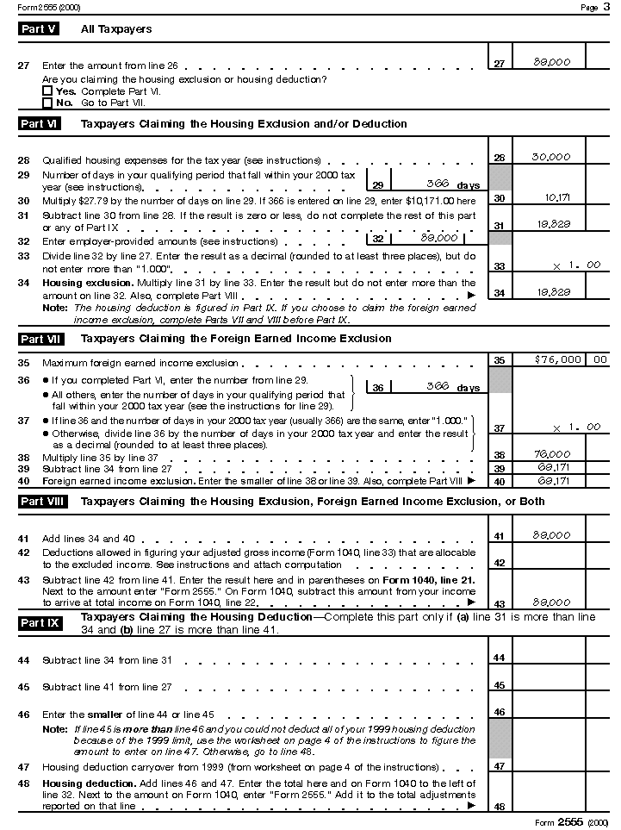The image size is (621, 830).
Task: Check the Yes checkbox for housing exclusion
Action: (x=47, y=90)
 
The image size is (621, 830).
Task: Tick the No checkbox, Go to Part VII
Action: (x=47, y=103)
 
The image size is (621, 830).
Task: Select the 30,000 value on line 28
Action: (x=550, y=157)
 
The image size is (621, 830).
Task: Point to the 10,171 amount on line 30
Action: (x=557, y=197)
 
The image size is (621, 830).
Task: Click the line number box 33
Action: (x=500, y=266)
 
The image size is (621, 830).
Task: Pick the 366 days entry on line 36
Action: (x=438, y=388)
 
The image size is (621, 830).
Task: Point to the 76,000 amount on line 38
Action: (x=552, y=454)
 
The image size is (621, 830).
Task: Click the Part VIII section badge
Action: (x=43, y=501)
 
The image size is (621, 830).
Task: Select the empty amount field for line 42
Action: (x=549, y=561)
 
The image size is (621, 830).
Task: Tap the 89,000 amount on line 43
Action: (x=551, y=602)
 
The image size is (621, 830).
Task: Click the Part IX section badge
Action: (x=40, y=622)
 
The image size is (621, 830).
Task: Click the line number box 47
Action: (x=500, y=765)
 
